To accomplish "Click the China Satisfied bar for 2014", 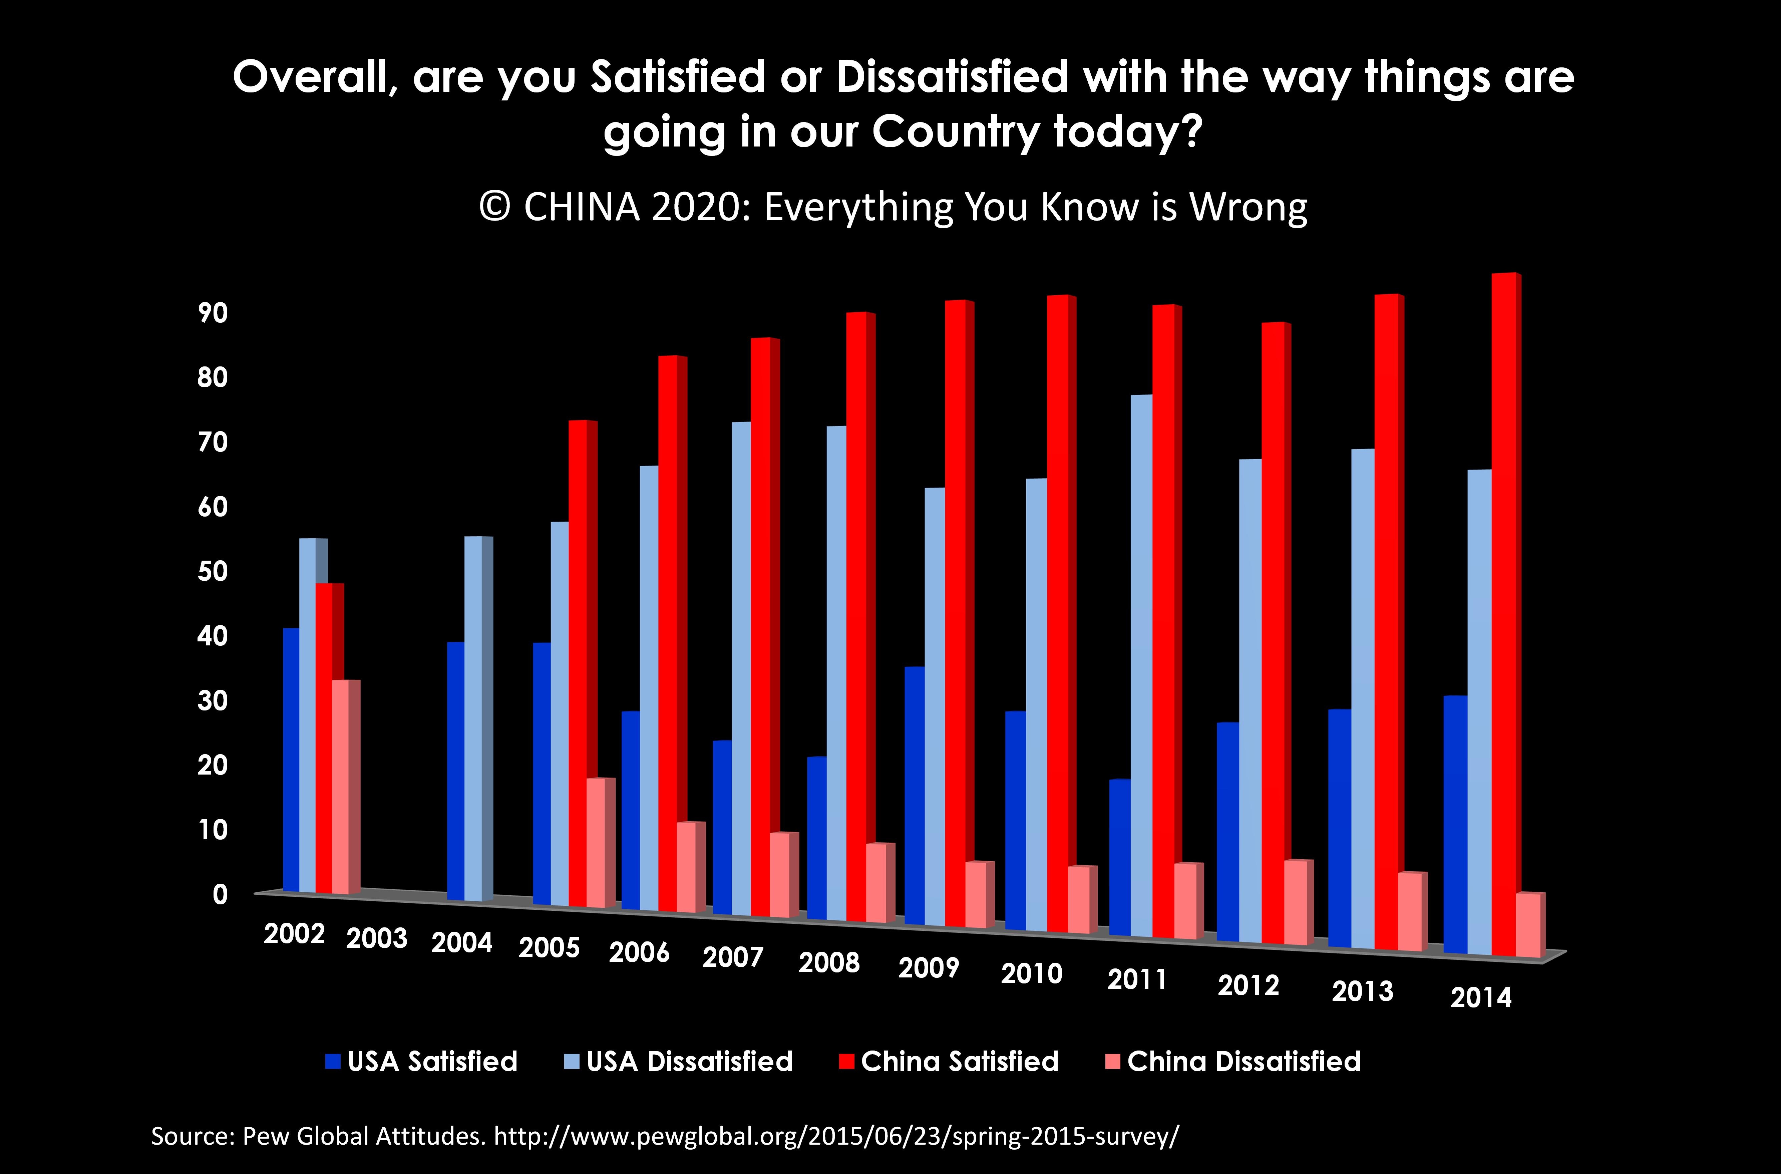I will click(x=1505, y=614).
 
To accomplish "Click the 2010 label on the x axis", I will click(x=1032, y=973).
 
